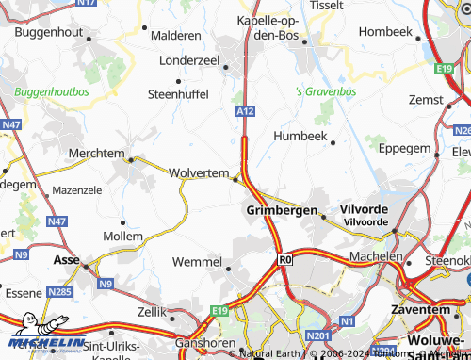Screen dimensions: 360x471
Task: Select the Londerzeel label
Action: [x=189, y=59]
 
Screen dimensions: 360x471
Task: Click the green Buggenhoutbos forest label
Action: [x=51, y=92]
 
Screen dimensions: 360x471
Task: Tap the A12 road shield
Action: [x=245, y=111]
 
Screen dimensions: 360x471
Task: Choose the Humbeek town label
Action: [x=300, y=137]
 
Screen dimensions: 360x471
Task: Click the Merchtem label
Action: [x=97, y=153]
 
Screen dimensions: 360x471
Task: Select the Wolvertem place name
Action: [x=199, y=173]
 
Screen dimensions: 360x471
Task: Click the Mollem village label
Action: [x=122, y=236]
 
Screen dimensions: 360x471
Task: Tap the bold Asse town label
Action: [x=67, y=259]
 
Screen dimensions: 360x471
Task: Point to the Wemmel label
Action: [x=198, y=261]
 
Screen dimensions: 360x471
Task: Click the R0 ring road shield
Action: [x=285, y=256]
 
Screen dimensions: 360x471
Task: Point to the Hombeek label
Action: [x=386, y=31]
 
